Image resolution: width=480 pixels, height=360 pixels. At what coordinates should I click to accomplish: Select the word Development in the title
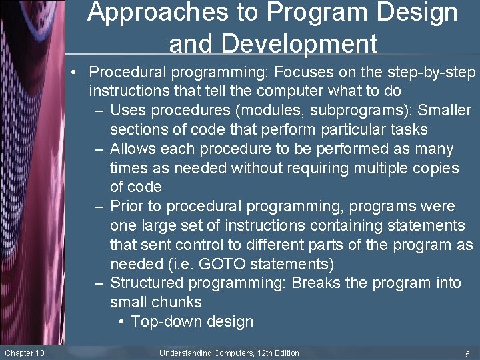(x=273, y=44)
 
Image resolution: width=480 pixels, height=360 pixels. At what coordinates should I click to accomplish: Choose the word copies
(x=433, y=168)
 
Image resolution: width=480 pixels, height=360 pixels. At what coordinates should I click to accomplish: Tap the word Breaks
(x=316, y=283)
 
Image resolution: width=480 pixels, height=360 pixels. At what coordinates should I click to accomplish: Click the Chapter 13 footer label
(x=25, y=353)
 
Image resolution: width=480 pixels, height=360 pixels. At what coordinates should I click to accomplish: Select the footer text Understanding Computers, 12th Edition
(x=229, y=353)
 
